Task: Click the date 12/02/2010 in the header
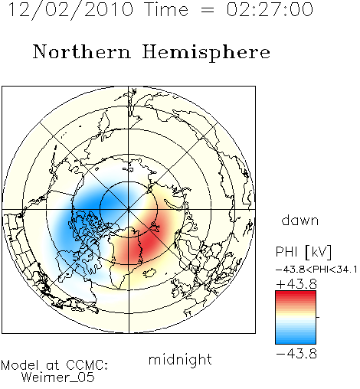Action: click(71, 10)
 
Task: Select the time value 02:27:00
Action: click(270, 9)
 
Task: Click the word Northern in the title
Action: click(82, 51)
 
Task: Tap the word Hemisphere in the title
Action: click(206, 53)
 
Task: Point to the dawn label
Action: click(300, 220)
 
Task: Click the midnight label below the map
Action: click(180, 360)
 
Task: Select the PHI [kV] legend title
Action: click(303, 252)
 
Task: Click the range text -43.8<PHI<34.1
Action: click(316, 270)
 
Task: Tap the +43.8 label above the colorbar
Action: click(296, 284)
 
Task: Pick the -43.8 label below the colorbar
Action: click(296, 354)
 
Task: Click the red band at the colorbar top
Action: click(296, 296)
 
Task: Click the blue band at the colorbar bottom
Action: click(296, 339)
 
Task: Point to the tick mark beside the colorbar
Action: click(318, 317)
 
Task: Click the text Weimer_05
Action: click(58, 378)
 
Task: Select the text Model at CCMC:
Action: click(54, 365)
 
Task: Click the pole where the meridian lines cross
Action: click(129, 209)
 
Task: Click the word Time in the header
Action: click(166, 9)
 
